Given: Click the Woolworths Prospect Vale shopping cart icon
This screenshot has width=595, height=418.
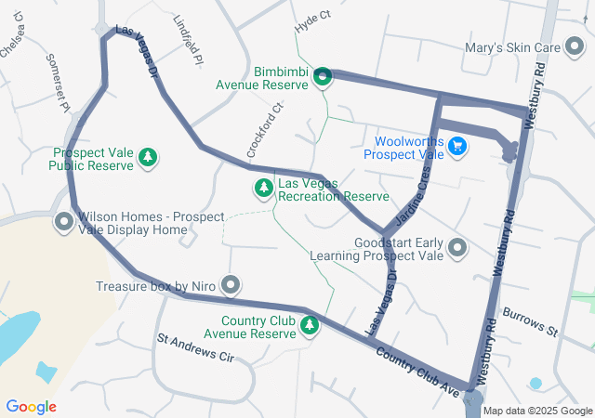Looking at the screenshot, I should tap(456, 147).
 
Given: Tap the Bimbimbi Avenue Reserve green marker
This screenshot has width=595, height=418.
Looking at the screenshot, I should tap(322, 77).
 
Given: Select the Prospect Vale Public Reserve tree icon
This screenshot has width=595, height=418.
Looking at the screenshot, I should tap(147, 160).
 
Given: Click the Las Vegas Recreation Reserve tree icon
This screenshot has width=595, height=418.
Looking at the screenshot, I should tap(264, 189).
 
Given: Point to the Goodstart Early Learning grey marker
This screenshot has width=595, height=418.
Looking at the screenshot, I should tap(457, 248).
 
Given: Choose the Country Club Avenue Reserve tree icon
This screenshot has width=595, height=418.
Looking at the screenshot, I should tap(310, 325).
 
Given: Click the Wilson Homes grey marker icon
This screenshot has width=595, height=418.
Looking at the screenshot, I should tap(64, 222).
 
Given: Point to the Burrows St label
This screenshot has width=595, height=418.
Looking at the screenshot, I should tap(529, 323).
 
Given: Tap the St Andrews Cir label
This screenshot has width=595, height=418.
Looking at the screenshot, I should tap(195, 347).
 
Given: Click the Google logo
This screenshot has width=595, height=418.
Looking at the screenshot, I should tap(31, 407).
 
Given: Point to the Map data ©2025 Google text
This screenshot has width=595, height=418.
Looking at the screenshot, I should tap(537, 411).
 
